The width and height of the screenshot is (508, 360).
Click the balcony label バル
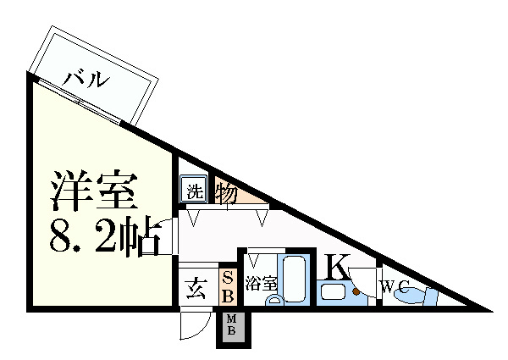pyautogui.click(x=87, y=80)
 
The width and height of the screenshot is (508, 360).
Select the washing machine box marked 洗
pyautogui.click(x=193, y=190)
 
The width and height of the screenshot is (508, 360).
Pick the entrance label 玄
pyautogui.click(x=194, y=290)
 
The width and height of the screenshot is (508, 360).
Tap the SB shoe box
pyautogui.click(x=228, y=287)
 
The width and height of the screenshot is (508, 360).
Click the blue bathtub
pyautogui.click(x=295, y=280)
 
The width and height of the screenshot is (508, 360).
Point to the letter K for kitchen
pyautogui.click(x=335, y=268)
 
